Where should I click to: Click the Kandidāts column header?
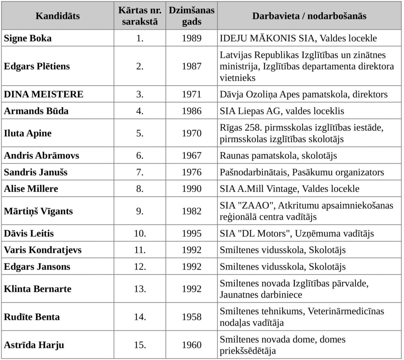point(58,16)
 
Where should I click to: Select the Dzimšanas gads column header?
point(191,16)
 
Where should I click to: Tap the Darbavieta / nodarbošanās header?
point(309,16)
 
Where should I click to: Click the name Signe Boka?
point(28,39)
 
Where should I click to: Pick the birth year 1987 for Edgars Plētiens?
point(191,66)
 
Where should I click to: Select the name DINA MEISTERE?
point(43,95)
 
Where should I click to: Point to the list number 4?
point(140,111)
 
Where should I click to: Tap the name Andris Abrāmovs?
point(41,156)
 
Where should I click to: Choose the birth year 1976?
point(191,172)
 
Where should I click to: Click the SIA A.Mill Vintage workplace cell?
point(290,189)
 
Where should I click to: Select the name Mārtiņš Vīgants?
point(38,211)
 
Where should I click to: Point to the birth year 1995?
point(191,233)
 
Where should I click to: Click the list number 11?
point(140,250)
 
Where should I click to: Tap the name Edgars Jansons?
point(37,267)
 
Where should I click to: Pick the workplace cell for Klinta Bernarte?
point(294,289)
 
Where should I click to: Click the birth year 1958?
point(191,317)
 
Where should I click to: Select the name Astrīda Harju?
point(34,345)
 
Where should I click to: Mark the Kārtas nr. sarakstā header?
point(140,16)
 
